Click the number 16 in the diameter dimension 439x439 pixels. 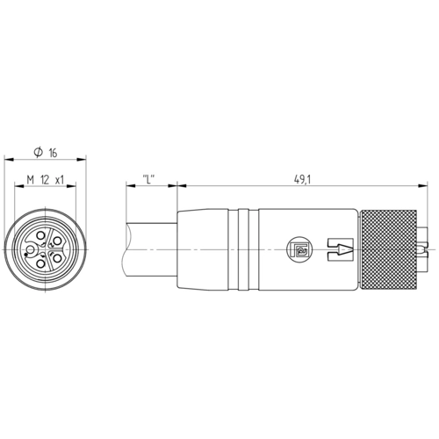point(53,153)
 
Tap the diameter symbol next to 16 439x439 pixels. point(39,152)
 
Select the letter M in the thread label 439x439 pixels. point(31,180)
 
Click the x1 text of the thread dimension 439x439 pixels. point(60,180)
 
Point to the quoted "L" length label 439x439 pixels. point(148,179)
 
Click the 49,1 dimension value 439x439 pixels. point(302,180)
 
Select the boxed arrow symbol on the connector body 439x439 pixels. point(340,249)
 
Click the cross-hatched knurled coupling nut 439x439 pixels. point(389,250)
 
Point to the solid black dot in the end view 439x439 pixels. point(26,255)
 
